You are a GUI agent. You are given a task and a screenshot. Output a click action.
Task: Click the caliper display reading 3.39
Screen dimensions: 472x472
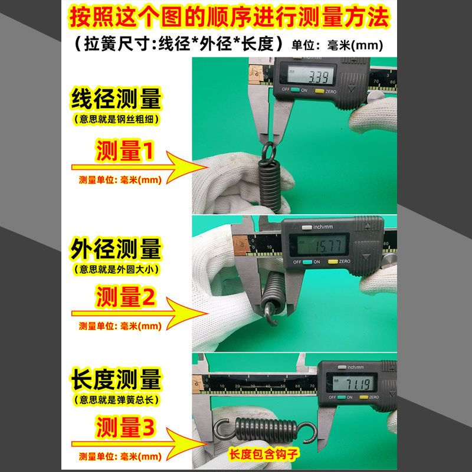click(x=310, y=75)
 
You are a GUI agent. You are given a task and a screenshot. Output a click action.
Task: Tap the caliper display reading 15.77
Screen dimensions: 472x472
click(x=320, y=245)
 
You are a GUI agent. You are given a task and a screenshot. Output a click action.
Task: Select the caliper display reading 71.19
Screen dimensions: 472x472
click(x=353, y=382)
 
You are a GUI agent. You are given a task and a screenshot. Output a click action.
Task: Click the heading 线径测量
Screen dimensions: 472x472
click(x=116, y=99)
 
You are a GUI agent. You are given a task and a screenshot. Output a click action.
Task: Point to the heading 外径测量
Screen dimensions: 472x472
click(x=116, y=248)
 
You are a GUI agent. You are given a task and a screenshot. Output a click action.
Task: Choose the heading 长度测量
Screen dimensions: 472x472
click(x=116, y=379)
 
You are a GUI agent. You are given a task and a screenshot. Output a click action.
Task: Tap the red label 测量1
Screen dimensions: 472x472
click(x=124, y=150)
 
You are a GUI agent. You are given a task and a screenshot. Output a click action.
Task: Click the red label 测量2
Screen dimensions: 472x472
click(x=126, y=297)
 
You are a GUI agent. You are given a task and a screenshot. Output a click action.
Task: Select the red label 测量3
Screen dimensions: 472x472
click(x=126, y=427)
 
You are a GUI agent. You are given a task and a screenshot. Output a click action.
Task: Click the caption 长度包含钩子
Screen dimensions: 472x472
click(x=263, y=454)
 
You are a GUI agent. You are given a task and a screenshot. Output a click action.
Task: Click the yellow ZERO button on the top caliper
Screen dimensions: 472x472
click(x=319, y=91)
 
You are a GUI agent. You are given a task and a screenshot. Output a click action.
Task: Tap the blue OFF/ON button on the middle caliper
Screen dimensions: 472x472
click(x=307, y=261)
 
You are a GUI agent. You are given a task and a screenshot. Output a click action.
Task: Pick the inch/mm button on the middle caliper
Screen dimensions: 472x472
click(x=306, y=227)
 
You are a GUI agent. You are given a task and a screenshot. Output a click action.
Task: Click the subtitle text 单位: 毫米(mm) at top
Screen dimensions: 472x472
click(x=337, y=45)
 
